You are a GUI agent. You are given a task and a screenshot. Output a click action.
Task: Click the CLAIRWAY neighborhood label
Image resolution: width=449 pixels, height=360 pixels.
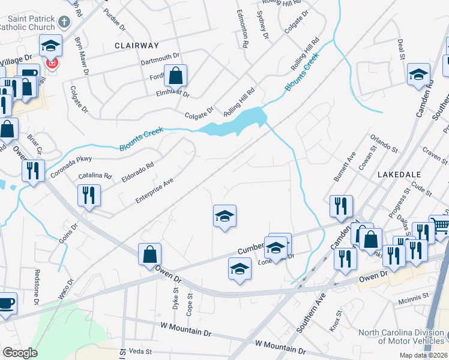137,45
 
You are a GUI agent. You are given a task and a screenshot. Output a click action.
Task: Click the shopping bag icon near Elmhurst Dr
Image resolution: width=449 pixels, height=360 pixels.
175,76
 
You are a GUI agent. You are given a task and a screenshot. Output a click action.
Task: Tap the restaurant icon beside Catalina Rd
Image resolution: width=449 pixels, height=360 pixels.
89,195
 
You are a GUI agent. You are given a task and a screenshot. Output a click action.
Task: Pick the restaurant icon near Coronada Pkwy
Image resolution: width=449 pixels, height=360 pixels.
33,171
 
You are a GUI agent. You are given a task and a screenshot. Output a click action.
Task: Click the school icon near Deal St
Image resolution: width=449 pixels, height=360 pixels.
418,75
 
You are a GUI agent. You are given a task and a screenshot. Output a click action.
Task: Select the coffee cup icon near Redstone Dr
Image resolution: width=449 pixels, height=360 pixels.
7,303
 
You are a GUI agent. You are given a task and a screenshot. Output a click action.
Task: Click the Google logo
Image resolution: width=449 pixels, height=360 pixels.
20,353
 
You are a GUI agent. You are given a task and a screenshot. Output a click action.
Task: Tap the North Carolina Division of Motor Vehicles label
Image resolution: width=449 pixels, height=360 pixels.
402,337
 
